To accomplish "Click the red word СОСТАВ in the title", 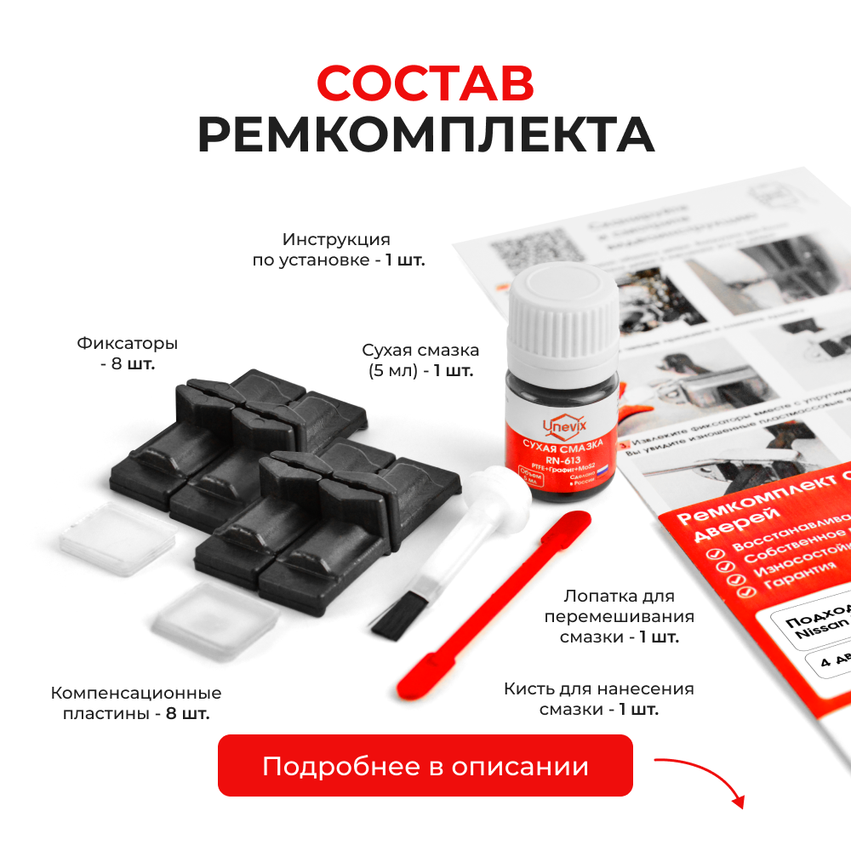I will (x=425, y=83).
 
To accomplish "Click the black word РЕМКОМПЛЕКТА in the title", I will (x=425, y=134).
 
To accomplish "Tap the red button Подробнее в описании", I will (x=425, y=765).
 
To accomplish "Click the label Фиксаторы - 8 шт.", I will (x=128, y=354).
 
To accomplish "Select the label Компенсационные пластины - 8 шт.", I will (x=136, y=703).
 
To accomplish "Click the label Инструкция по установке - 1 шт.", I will (x=339, y=249).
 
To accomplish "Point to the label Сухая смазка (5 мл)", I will (x=420, y=360).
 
